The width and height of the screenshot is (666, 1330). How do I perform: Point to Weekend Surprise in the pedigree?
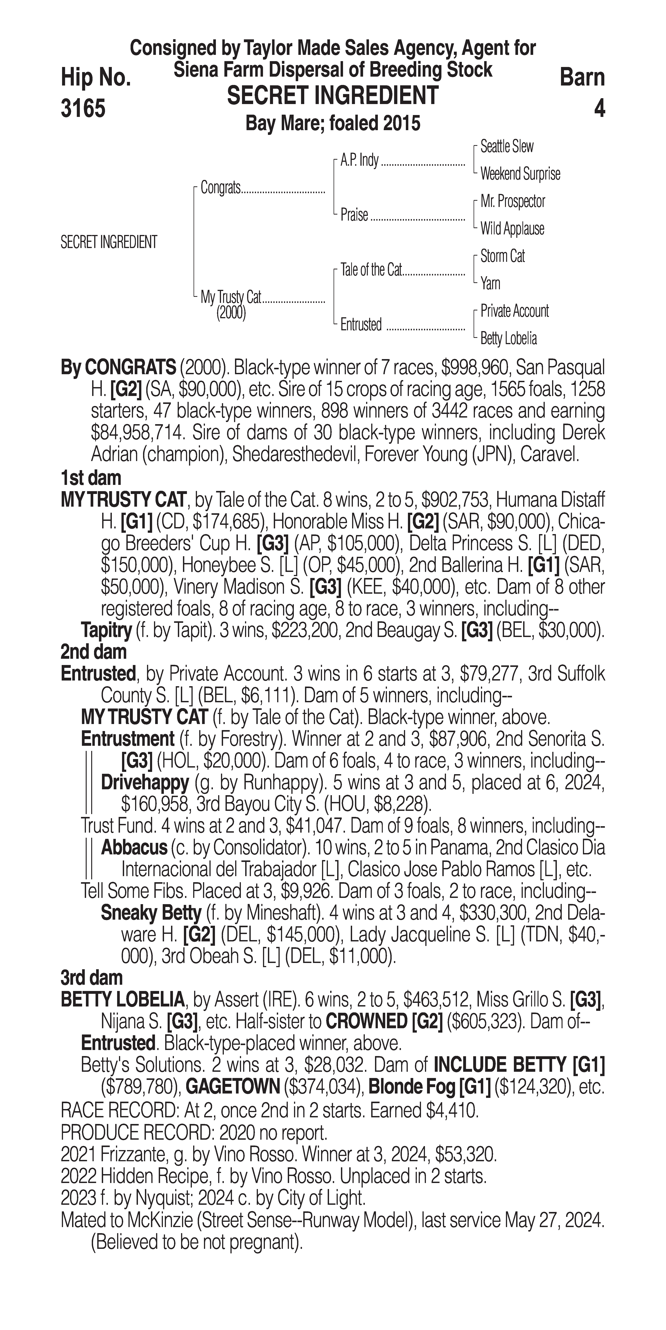(x=520, y=174)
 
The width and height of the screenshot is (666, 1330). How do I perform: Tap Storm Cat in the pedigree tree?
(x=502, y=256)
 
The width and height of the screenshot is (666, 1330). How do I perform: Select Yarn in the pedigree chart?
(x=490, y=283)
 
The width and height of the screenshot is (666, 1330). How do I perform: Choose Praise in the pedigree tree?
(x=354, y=215)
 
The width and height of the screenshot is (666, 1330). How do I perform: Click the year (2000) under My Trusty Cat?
(x=231, y=313)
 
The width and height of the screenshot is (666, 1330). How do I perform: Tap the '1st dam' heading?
(x=91, y=478)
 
